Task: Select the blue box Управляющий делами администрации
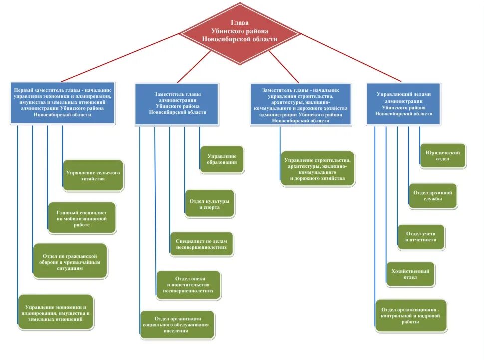click(x=404, y=103)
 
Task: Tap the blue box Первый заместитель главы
click(x=63, y=102)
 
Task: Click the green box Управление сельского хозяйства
click(x=93, y=175)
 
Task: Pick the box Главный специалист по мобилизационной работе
click(x=82, y=218)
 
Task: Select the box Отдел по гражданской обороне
click(x=70, y=260)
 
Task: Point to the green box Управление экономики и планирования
click(x=56, y=312)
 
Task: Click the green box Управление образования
click(x=222, y=159)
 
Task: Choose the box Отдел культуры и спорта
click(x=209, y=203)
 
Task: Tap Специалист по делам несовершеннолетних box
click(x=201, y=244)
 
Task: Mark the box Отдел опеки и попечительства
click(x=188, y=285)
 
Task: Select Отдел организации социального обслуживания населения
click(x=177, y=324)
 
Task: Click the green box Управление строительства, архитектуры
click(x=317, y=169)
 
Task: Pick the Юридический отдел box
click(x=443, y=156)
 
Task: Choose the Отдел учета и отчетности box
click(x=421, y=237)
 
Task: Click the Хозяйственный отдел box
click(x=410, y=274)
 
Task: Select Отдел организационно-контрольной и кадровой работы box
click(x=411, y=316)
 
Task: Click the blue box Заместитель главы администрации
click(x=177, y=104)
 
